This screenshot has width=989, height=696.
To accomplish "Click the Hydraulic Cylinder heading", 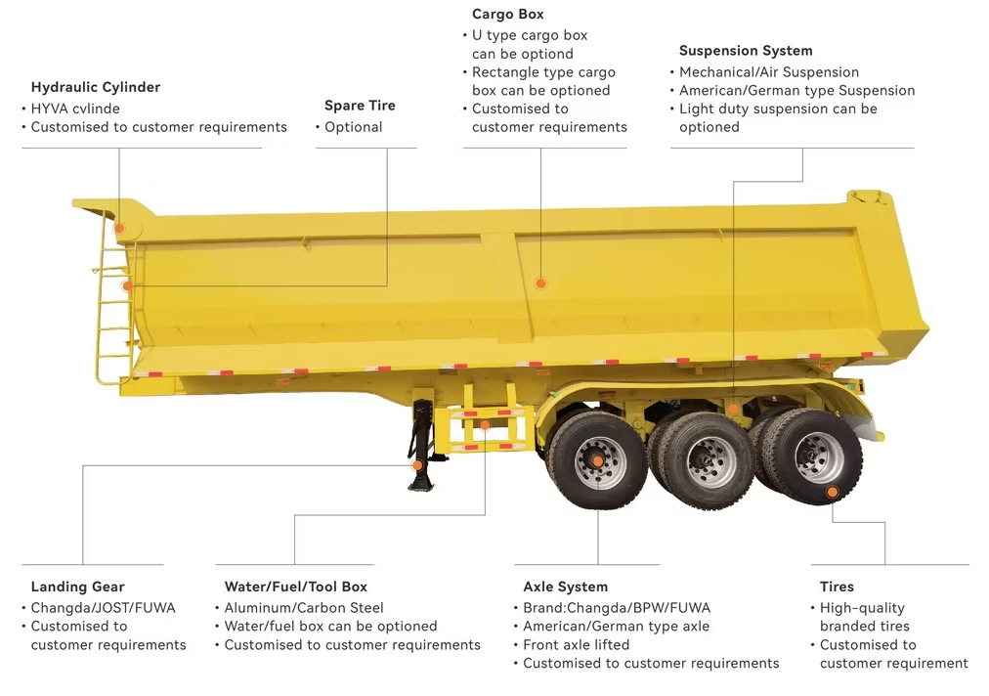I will tap(96, 87).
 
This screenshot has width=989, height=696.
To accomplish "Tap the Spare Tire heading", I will tap(360, 106).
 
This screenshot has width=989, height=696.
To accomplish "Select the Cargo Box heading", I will tap(508, 15).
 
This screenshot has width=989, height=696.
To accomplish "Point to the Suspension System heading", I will tap(746, 51).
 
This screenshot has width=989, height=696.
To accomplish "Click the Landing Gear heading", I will tap(78, 587).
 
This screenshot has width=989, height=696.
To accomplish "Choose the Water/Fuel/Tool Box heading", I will tap(296, 587).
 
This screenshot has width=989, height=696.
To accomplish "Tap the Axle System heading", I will tap(566, 587).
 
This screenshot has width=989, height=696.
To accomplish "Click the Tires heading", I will tap(837, 587).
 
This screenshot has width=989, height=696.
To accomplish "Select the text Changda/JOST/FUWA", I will tap(104, 608).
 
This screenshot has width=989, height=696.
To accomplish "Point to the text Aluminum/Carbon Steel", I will tap(304, 608).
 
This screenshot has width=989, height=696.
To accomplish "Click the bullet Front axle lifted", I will tap(577, 645).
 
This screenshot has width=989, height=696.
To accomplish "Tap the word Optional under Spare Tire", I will tap(354, 127).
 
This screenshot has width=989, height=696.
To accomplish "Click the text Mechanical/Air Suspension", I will tap(769, 72).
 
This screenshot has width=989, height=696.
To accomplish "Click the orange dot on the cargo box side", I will tap(540, 283).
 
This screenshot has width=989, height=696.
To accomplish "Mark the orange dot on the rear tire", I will tap(832, 492).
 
